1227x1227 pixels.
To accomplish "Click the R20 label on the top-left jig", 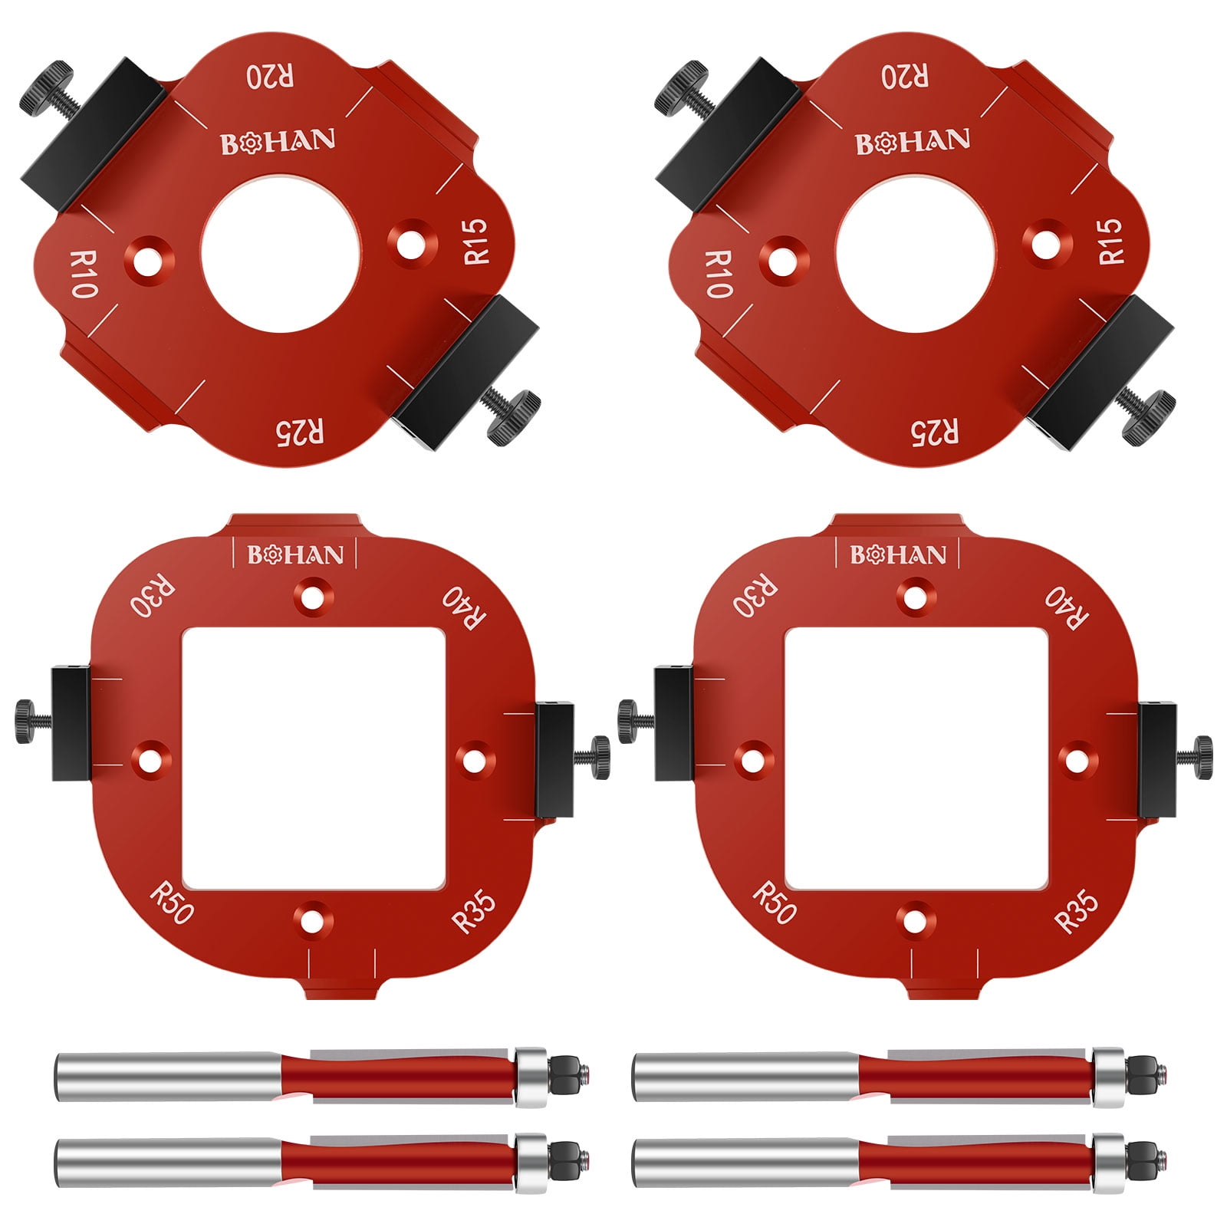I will click(x=269, y=77).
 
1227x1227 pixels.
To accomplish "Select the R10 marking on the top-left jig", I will click(x=82, y=274).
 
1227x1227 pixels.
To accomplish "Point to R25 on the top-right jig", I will click(x=934, y=432).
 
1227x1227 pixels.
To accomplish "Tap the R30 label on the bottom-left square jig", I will click(x=153, y=597).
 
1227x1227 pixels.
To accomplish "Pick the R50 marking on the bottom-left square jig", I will click(x=172, y=903).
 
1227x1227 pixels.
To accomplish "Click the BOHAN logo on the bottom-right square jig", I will click(x=897, y=555).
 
